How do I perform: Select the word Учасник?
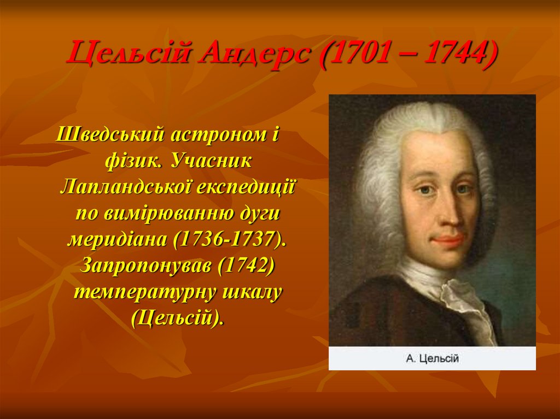click(x=210, y=161)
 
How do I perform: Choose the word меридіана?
click(x=117, y=239)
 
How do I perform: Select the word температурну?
click(x=143, y=291)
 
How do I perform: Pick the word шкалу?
click(x=251, y=291)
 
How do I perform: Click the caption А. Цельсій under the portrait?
click(x=432, y=359)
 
